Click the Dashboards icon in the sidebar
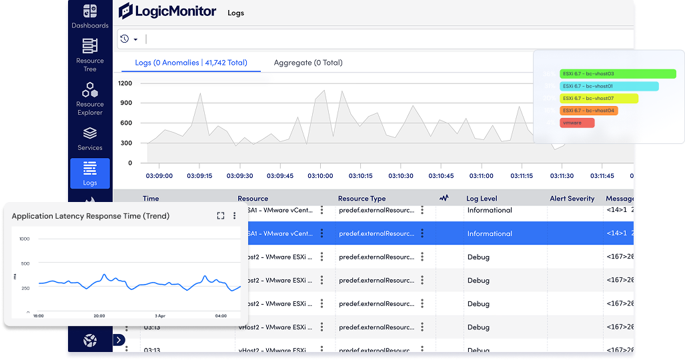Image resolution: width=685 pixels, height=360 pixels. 89,12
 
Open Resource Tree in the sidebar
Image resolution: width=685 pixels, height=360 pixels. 89,46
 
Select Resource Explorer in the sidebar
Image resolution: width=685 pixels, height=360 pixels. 89,90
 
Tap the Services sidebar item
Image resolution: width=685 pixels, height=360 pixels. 89,133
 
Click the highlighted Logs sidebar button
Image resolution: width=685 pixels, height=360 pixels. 90,173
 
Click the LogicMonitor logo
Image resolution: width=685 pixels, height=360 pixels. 167,11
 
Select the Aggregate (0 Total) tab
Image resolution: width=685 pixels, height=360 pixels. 307,63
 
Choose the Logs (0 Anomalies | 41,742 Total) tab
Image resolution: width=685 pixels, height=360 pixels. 191,63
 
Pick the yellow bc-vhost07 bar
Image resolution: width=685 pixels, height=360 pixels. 599,99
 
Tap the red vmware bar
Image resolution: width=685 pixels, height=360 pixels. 577,123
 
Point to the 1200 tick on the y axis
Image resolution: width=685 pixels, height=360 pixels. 125,83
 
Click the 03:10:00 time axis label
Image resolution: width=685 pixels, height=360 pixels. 320,176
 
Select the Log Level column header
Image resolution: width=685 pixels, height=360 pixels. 482,199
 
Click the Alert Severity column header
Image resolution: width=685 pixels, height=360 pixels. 572,199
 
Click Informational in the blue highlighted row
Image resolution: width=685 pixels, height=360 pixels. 490,234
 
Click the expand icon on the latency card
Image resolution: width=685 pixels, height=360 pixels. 221,215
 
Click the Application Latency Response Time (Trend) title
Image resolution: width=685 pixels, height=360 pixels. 91,216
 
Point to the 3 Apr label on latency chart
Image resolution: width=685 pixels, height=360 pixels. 160,316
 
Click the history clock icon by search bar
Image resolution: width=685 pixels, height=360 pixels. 124,39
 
